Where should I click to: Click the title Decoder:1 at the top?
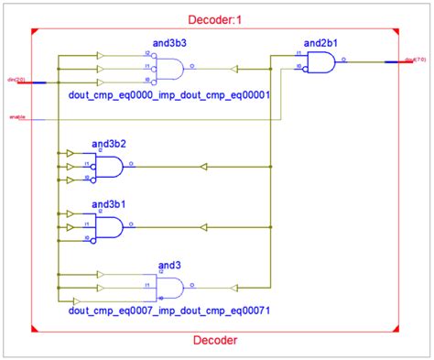(x=217, y=19)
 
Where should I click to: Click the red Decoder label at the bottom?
(x=216, y=340)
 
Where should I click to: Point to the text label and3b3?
(x=169, y=44)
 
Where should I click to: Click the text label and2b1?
(x=320, y=41)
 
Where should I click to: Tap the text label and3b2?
(x=108, y=145)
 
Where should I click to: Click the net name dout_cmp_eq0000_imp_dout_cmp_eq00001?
(x=168, y=93)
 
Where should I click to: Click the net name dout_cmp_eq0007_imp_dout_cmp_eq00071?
(x=168, y=311)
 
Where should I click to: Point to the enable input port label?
(x=16, y=117)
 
